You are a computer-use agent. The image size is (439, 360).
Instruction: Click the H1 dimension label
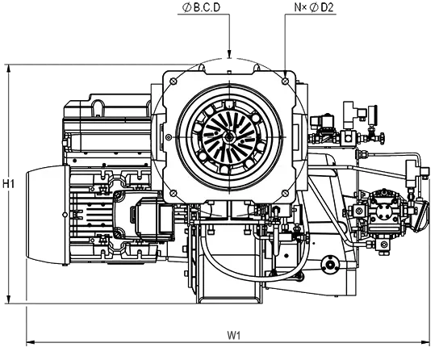[x=8, y=184]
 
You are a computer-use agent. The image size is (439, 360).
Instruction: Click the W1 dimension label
[x=234, y=335]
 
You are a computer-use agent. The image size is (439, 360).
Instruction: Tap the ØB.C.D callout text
[x=201, y=7]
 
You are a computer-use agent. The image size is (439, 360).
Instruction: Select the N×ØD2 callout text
[x=314, y=7]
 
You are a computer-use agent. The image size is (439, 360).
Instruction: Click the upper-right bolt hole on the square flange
[x=286, y=82]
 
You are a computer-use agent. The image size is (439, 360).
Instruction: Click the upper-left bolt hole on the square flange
[x=174, y=82]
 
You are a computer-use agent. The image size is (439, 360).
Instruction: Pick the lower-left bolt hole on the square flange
[x=174, y=193]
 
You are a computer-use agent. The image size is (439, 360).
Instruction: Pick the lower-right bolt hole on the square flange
[x=286, y=193]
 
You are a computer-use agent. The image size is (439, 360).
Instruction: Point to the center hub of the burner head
[x=229, y=137]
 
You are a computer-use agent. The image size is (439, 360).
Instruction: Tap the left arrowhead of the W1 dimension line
[x=31, y=342]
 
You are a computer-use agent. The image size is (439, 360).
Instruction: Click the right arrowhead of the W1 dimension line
[x=425, y=342]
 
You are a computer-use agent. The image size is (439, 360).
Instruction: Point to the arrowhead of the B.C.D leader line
[x=229, y=54]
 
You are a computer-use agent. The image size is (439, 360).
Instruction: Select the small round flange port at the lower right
[x=330, y=264]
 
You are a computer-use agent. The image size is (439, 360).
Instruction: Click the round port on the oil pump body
[x=383, y=211]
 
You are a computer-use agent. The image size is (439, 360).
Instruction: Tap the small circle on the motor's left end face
[x=65, y=215]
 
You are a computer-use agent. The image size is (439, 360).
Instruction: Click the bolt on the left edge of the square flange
[x=169, y=137]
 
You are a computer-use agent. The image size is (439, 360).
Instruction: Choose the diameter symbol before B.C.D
[x=186, y=8]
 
